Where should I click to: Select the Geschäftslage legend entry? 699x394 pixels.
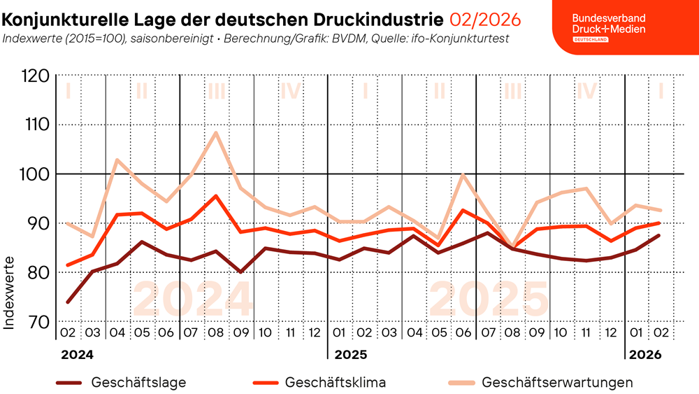[138, 383]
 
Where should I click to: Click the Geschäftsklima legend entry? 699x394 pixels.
[336, 383]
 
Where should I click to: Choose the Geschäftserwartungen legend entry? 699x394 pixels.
[557, 383]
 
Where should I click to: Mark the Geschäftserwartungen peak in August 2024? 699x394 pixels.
[216, 132]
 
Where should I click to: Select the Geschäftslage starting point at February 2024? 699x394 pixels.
[68, 302]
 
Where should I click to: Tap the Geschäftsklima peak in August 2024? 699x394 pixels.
[216, 196]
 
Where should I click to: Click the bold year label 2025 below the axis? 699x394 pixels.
[351, 355]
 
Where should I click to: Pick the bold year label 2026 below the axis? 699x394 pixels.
[645, 355]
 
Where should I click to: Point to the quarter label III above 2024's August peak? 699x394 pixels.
[216, 91]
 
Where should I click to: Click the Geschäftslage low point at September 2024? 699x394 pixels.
[240, 272]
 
